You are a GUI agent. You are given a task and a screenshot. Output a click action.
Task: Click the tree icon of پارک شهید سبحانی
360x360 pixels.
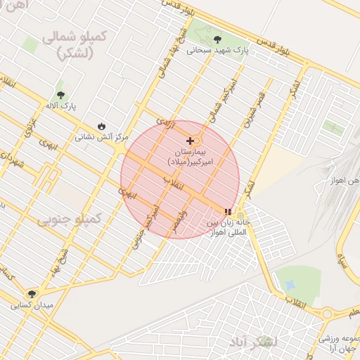(x=214, y=39)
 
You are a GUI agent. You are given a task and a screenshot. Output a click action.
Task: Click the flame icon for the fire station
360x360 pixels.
(x=103, y=126)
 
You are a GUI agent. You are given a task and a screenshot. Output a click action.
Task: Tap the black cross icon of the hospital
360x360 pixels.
(x=190, y=141)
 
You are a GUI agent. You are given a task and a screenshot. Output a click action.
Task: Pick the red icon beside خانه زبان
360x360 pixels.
(x=227, y=211)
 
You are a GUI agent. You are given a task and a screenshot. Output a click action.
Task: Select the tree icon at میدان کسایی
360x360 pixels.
(x=31, y=294)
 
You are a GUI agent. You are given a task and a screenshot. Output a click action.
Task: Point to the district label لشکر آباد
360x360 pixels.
(x=253, y=342)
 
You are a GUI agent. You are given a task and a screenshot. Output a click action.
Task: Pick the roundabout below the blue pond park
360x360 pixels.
(x=327, y=314)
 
